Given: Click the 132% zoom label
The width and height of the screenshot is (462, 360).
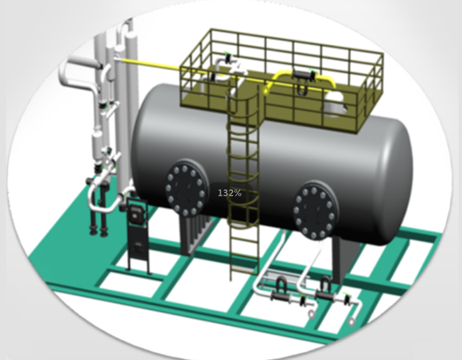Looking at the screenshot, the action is point(230,193).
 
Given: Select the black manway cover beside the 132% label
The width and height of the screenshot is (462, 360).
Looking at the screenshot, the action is point(185,189).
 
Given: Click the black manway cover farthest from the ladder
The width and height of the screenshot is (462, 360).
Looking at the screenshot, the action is point(315,211).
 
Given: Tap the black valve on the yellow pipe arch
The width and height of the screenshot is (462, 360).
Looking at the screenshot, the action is point(304,75).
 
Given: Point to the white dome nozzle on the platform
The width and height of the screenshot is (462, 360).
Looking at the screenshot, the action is point(335,102).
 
